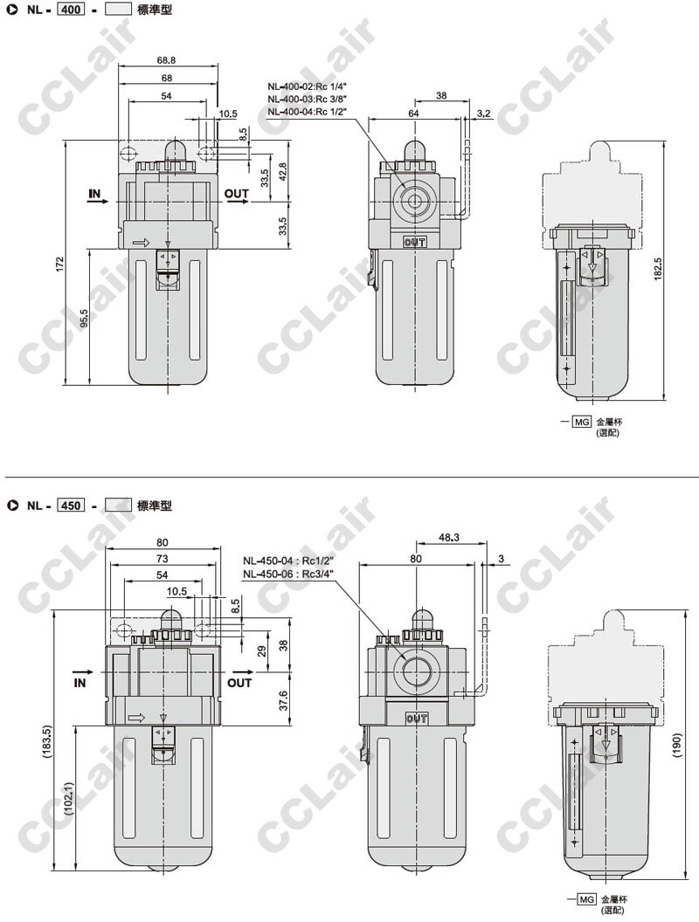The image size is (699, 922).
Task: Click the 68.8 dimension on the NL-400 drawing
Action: [167, 60]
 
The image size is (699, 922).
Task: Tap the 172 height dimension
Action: [59, 264]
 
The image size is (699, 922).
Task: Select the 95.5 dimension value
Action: [84, 318]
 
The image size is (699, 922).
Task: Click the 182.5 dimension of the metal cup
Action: [657, 269]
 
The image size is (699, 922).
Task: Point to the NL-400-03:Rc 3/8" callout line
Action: [307, 99]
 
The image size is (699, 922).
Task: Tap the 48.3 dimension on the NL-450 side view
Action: [449, 537]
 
